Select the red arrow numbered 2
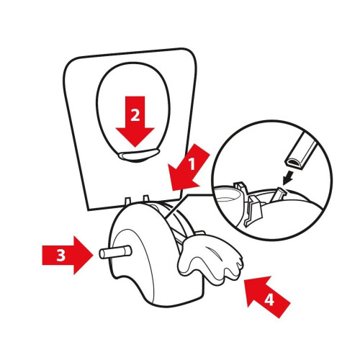pyautogui.click(x=135, y=121)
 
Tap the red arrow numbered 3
pyautogui.click(x=68, y=255)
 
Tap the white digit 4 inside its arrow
pyautogui.click(x=269, y=300)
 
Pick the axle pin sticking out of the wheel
pyautogui.click(x=115, y=252)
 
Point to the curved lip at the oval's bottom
pyautogui.click(x=139, y=155)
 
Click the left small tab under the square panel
pyautogui.click(x=128, y=201)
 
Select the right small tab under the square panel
pyautogui.click(x=146, y=199)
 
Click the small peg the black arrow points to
pyautogui.click(x=279, y=194)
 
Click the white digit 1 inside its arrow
pyautogui.click(x=192, y=164)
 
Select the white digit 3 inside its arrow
pyautogui.click(x=60, y=256)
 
